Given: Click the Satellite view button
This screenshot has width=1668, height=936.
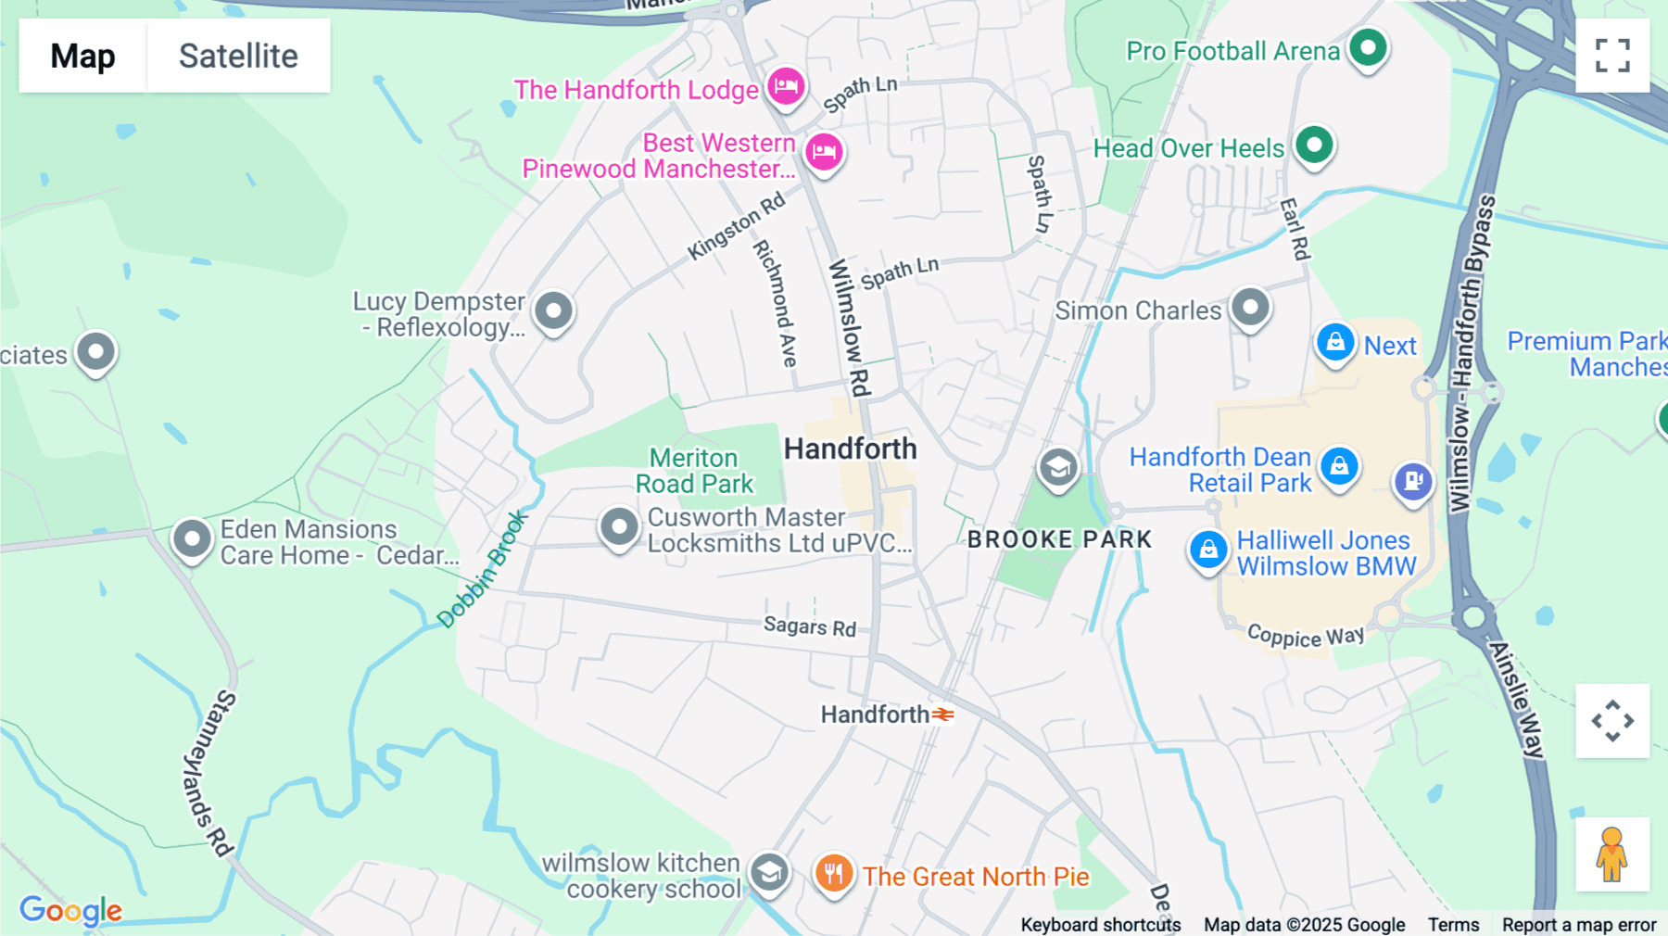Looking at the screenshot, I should [x=238, y=56].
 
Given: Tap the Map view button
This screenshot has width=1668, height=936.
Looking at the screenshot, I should [x=82, y=56].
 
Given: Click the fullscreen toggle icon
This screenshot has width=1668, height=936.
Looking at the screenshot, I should [x=1612, y=56].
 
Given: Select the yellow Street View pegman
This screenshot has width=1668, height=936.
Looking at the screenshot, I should [x=1611, y=854].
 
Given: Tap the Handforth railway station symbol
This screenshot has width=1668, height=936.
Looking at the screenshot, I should [x=943, y=715].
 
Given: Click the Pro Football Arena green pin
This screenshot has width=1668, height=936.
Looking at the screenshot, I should [x=1368, y=46].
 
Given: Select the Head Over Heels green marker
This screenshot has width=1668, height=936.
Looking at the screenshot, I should [x=1314, y=145].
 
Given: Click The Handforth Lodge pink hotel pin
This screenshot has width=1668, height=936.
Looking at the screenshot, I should [x=786, y=87].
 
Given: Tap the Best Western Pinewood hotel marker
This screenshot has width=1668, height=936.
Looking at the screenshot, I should [x=823, y=151].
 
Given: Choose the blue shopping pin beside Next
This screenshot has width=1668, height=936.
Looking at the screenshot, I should [x=1335, y=343].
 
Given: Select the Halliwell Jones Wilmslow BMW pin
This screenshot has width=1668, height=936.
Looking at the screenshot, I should [x=1208, y=550].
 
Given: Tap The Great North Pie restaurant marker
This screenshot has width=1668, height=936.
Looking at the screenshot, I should [x=834, y=873].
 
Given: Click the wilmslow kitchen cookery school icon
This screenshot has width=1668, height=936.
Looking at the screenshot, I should [x=769, y=872].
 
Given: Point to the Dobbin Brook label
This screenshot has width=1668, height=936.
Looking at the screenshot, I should [x=482, y=570].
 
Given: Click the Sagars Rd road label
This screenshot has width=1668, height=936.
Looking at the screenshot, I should [x=810, y=626].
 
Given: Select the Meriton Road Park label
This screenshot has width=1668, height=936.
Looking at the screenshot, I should [x=694, y=471].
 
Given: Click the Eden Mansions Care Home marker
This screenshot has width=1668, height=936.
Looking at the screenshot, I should [x=193, y=538].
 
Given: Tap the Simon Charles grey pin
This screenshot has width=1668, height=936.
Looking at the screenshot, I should [x=1250, y=306].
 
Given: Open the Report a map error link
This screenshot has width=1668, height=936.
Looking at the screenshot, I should [x=1578, y=925].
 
